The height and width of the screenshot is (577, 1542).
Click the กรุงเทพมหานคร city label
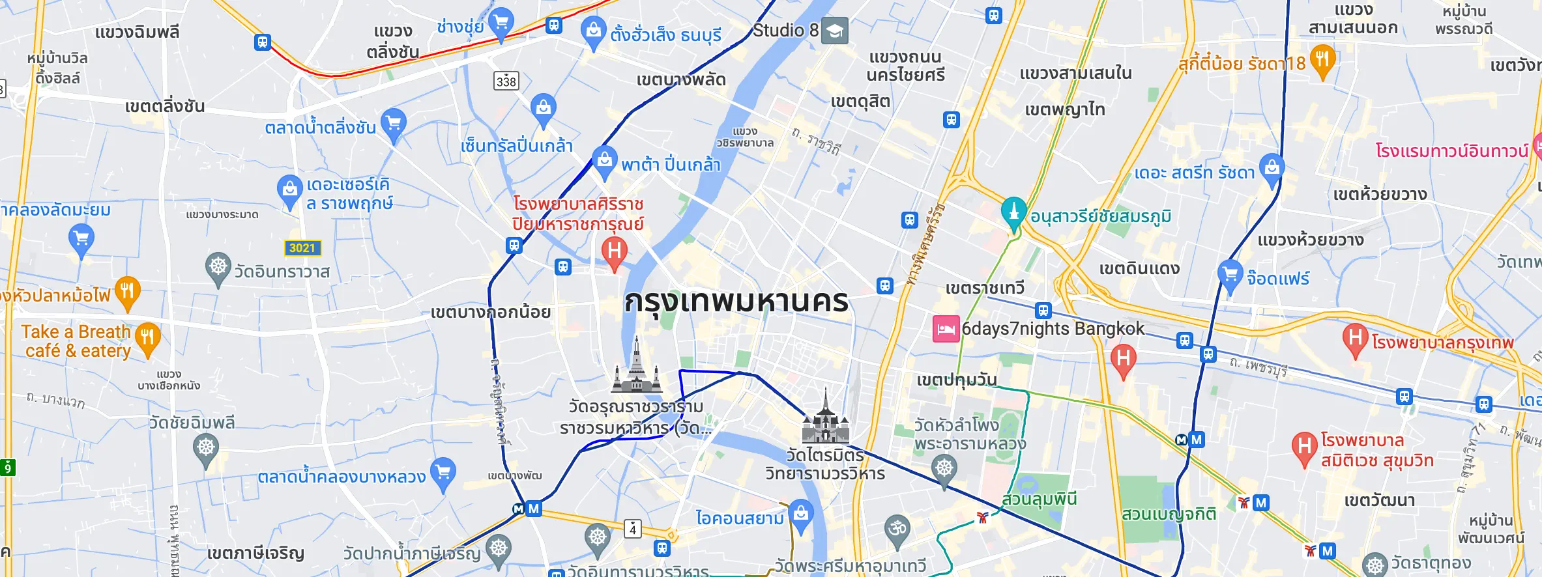coord(736,302)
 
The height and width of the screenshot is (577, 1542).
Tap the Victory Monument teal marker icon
coord(1013,212)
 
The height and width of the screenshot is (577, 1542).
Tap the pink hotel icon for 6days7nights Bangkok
coord(946,329)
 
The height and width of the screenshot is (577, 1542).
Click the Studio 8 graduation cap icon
coord(835,31)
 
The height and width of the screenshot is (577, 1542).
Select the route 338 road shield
coord(506,81)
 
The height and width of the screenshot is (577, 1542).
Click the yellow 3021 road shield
coord(302,248)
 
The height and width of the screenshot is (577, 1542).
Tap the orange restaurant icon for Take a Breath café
coord(148,337)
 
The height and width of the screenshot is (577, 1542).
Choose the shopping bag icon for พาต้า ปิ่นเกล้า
coord(605,160)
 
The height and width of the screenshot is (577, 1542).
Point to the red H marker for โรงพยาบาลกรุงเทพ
coord(1355,338)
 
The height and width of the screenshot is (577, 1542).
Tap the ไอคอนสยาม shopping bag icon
coord(801,514)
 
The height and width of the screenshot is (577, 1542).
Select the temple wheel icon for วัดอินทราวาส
coord(218,267)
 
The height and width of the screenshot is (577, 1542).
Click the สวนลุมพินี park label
coord(1039,500)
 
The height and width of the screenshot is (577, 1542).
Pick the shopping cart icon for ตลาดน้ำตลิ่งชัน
coord(394,122)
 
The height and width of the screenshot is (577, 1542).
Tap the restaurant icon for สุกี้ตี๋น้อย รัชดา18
coord(1322,59)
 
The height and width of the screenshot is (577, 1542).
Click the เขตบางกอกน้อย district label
coord(490,313)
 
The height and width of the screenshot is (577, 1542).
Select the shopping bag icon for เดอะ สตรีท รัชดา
coord(1272,168)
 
